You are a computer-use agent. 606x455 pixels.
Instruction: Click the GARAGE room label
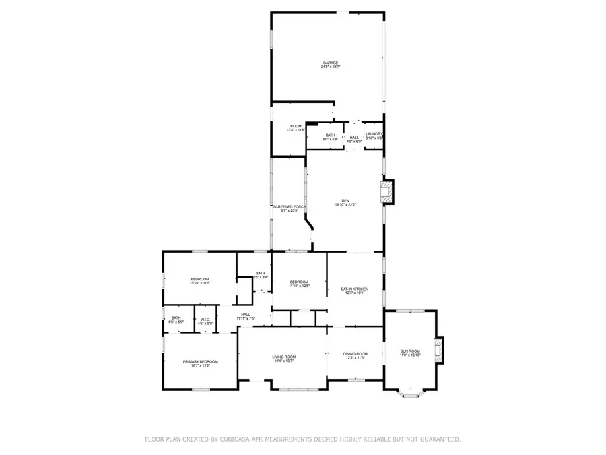click(329, 63)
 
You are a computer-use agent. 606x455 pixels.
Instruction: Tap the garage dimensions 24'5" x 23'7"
click(329, 67)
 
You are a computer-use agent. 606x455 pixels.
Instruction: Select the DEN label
click(345, 200)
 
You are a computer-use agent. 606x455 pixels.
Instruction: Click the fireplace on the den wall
click(388, 192)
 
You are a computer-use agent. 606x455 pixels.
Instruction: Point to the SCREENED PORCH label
click(290, 206)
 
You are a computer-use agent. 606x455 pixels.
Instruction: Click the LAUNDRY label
click(374, 134)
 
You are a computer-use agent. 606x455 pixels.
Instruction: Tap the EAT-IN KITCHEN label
click(355, 289)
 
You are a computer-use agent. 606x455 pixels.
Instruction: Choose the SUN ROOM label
click(410, 351)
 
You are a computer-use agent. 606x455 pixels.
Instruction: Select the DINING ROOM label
click(355, 353)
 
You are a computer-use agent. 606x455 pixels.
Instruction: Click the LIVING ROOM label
click(283, 357)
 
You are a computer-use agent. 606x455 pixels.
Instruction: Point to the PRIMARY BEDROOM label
click(200, 361)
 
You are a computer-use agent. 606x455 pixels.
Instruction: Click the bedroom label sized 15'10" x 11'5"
click(200, 279)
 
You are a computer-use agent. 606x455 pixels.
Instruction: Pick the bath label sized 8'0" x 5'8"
click(330, 135)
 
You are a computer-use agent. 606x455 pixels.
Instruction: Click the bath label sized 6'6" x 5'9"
click(176, 318)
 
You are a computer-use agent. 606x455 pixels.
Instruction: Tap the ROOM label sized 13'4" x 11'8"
click(296, 126)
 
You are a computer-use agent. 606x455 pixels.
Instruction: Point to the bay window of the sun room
click(409, 394)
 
